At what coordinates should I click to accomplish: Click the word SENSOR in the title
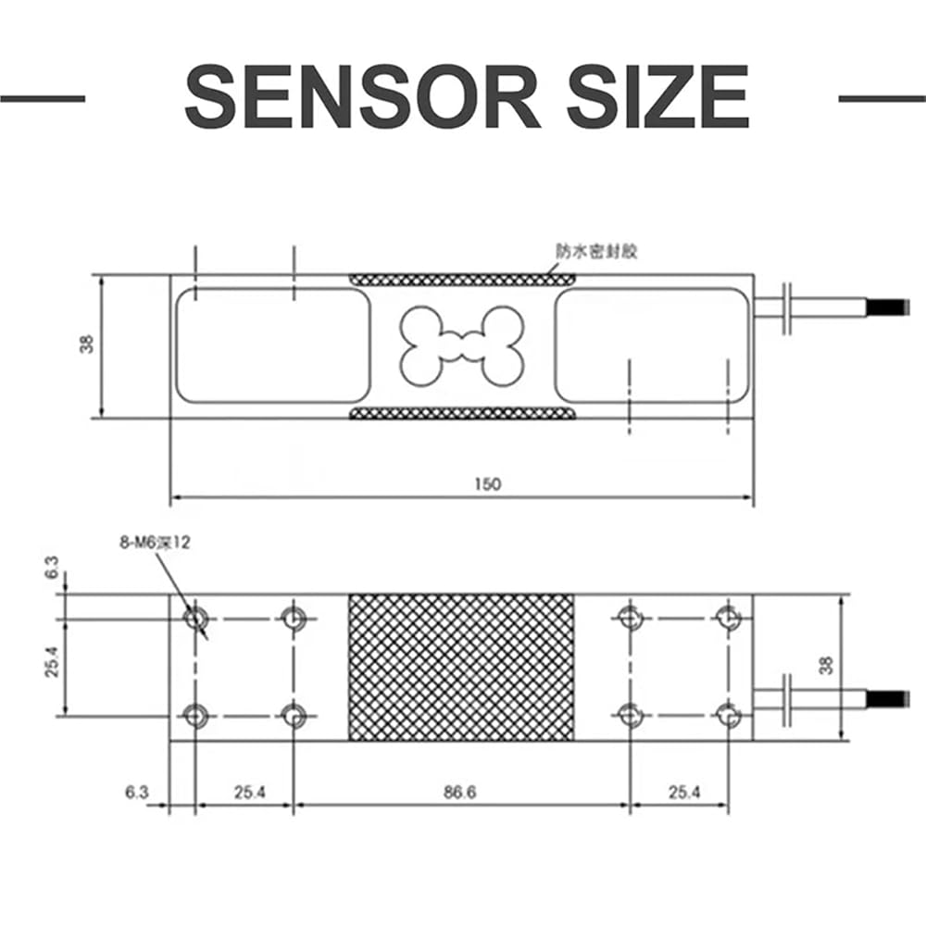click(362, 97)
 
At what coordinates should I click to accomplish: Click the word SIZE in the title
click(658, 97)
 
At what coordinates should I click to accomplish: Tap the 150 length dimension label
click(488, 484)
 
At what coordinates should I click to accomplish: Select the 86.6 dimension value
click(460, 792)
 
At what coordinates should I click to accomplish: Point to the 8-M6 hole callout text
click(156, 543)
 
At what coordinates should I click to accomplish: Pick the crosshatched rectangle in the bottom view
click(461, 668)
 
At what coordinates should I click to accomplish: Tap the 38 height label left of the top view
click(87, 344)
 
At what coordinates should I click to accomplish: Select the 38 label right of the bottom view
click(827, 666)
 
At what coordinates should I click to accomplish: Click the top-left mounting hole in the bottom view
click(194, 619)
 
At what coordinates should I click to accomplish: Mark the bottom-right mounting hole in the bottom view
click(728, 716)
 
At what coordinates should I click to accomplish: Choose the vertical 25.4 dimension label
click(52, 662)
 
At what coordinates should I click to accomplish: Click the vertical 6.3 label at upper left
click(52, 568)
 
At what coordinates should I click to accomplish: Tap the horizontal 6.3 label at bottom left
click(136, 792)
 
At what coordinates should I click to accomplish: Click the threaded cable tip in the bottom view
click(887, 698)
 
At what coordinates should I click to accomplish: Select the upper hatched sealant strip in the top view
click(462, 280)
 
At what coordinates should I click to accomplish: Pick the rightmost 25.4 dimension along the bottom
click(684, 792)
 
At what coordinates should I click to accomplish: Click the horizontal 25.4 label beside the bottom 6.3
click(250, 792)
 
